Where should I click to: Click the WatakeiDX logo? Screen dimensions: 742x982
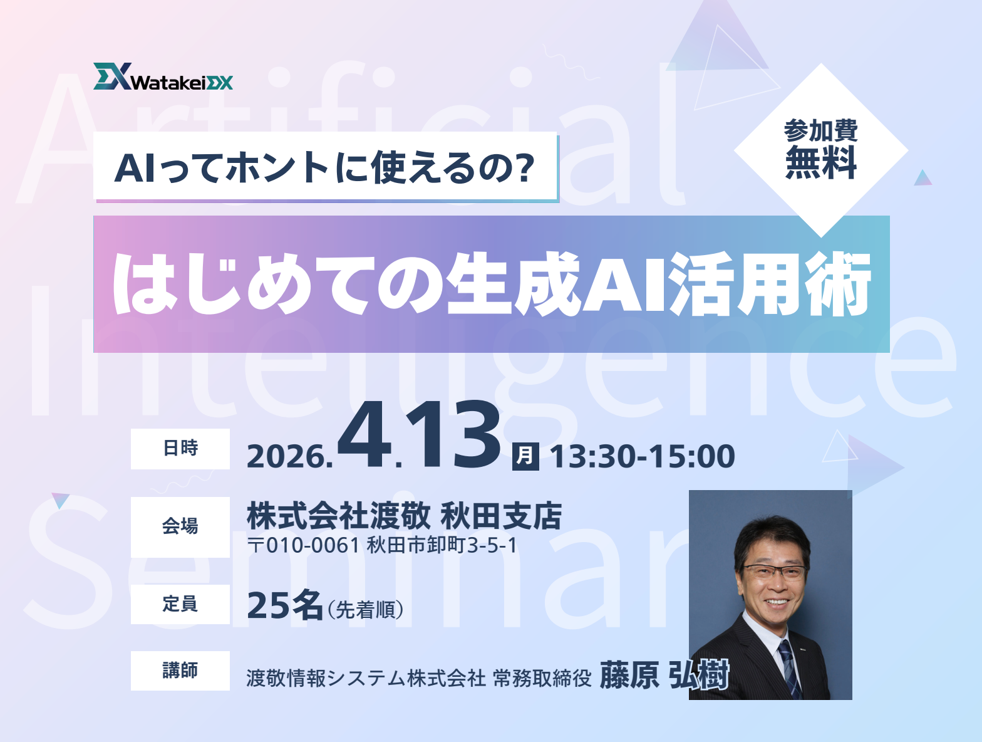[163, 77]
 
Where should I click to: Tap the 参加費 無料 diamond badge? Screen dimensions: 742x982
[820, 150]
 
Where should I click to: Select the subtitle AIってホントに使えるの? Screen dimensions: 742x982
[325, 167]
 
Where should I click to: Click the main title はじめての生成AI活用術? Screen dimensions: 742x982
[491, 284]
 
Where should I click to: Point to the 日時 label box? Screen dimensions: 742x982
[180, 449]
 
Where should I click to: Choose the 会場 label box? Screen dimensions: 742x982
[180, 526]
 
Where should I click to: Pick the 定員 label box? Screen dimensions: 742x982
[180, 604]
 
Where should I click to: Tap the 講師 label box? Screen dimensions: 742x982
[180, 671]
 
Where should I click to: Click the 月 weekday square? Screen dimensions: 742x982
[525, 456]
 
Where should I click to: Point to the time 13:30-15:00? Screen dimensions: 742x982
[642, 456]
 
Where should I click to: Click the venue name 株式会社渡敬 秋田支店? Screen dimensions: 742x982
[404, 516]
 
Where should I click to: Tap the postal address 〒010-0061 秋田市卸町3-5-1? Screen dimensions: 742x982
[382, 545]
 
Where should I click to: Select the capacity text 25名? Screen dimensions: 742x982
[285, 605]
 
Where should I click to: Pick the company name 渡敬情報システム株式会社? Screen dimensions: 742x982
[366, 677]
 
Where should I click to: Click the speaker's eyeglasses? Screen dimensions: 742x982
[774, 572]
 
